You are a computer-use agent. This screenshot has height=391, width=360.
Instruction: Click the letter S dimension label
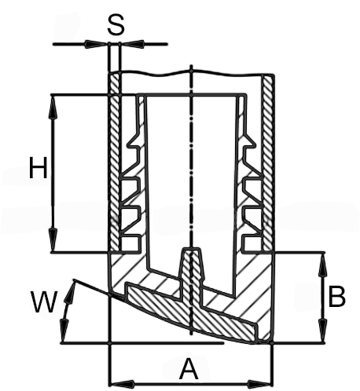point(116,24)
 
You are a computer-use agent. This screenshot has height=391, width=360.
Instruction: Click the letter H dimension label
point(39,167)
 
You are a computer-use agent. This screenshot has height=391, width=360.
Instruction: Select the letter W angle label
point(44,301)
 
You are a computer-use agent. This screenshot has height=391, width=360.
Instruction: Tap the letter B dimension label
point(336,297)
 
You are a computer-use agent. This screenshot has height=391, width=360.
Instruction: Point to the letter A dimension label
point(189,369)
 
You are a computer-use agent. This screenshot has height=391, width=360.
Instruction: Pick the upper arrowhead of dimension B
point(324,265)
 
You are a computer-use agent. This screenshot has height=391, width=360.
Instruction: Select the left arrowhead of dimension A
point(123,385)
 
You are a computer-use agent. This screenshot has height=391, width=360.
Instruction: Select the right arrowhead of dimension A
point(259,385)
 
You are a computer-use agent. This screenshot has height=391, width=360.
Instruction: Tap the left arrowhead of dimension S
point(96,44)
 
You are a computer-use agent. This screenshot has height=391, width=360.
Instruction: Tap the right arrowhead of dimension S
point(132,44)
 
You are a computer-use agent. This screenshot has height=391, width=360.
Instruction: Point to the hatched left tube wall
point(115,163)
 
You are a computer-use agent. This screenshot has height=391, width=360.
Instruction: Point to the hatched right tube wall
point(268,163)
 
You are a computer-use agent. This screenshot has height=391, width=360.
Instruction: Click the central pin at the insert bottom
point(192,277)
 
